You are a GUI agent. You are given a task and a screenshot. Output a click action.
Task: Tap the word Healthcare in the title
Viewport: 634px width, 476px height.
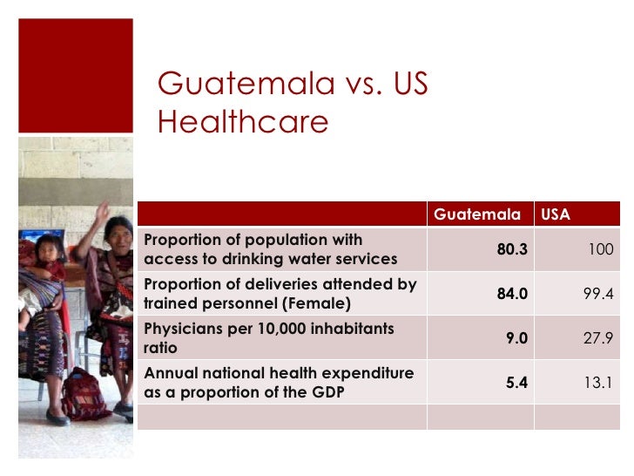click(243, 122)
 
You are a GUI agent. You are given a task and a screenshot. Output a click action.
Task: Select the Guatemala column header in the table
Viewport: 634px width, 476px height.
click(477, 214)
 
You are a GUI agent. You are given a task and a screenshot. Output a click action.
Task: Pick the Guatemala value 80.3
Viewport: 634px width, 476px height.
click(512, 249)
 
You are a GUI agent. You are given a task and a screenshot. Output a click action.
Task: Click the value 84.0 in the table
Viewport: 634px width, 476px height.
click(512, 294)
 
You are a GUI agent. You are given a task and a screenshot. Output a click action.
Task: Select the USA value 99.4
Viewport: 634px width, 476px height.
click(598, 294)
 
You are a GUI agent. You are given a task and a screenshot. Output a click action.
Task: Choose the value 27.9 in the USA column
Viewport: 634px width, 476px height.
click(598, 338)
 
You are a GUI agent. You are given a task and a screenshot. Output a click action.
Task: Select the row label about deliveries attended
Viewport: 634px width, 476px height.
click(280, 294)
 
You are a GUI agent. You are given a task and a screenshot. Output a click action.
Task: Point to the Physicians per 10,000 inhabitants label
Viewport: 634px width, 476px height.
click(268, 338)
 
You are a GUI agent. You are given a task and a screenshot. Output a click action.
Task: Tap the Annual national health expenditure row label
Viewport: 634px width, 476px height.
click(279, 383)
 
